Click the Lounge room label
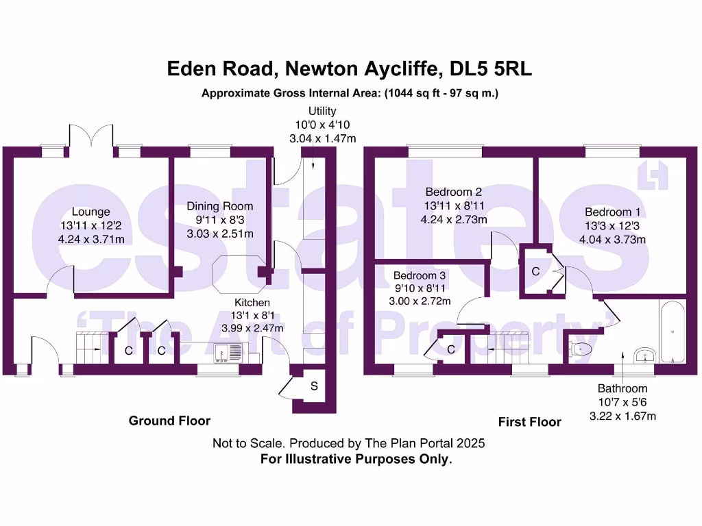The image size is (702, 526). (90, 212)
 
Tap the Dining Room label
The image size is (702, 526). (220, 206)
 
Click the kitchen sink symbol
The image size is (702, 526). (228, 352)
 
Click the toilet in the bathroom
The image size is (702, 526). (579, 349)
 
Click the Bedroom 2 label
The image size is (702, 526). (453, 192)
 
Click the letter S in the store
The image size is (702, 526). (314, 386)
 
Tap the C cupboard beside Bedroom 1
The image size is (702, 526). (536, 272)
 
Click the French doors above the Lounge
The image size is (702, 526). (91, 136)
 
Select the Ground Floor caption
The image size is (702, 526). (169, 421)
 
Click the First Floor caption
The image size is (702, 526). (529, 422)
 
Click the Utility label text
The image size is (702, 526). (322, 111)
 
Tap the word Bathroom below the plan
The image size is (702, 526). (622, 389)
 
